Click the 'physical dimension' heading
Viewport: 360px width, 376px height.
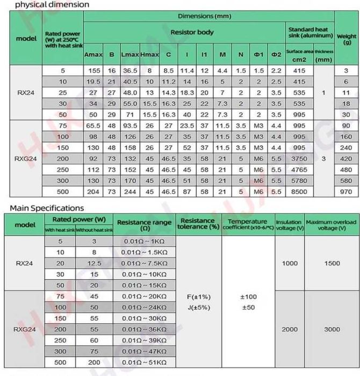point(45,5)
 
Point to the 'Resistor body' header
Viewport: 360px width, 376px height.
point(192,32)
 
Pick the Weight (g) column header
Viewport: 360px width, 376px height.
point(347,39)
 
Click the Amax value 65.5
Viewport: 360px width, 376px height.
point(94,125)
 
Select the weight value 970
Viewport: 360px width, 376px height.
point(347,191)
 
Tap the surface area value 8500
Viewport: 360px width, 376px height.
point(299,191)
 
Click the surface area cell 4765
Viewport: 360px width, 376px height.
point(299,169)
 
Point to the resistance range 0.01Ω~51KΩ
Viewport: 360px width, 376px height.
point(144,363)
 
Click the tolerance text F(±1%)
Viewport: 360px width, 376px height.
point(199,296)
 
